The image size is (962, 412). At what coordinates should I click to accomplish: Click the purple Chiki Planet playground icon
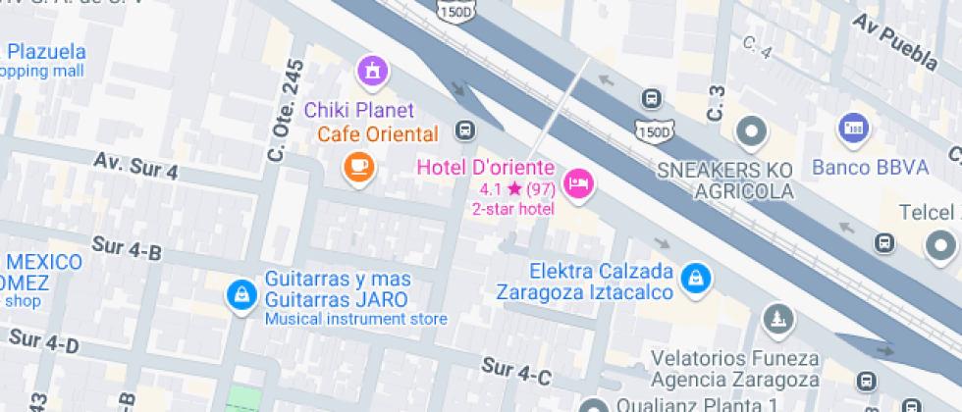tap(372, 71)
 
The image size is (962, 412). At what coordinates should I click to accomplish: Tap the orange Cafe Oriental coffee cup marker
tap(358, 166)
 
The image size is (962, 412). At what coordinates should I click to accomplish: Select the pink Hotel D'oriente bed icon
tap(579, 182)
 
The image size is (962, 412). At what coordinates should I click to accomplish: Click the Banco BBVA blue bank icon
tap(853, 128)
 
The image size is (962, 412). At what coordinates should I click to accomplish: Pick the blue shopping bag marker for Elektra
tap(695, 277)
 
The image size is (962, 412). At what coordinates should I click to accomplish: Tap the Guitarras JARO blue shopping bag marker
tap(240, 294)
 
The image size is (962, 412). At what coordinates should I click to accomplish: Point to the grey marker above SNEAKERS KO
tap(752, 130)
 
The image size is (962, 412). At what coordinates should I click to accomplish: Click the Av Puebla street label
tap(894, 42)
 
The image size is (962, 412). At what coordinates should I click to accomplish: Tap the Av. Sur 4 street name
tap(136, 165)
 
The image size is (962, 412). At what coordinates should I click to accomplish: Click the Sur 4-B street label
tap(127, 249)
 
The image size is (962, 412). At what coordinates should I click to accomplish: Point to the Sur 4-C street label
tap(516, 372)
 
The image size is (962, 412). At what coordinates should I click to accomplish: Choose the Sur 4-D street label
tap(43, 342)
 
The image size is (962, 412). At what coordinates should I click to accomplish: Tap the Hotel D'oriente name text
tap(486, 167)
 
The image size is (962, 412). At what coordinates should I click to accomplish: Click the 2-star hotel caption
tap(513, 208)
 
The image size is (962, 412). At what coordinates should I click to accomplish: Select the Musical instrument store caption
tap(355, 319)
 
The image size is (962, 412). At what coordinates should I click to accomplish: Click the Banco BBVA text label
tap(870, 167)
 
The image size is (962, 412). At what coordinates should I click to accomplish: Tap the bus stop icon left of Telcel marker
tap(884, 241)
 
